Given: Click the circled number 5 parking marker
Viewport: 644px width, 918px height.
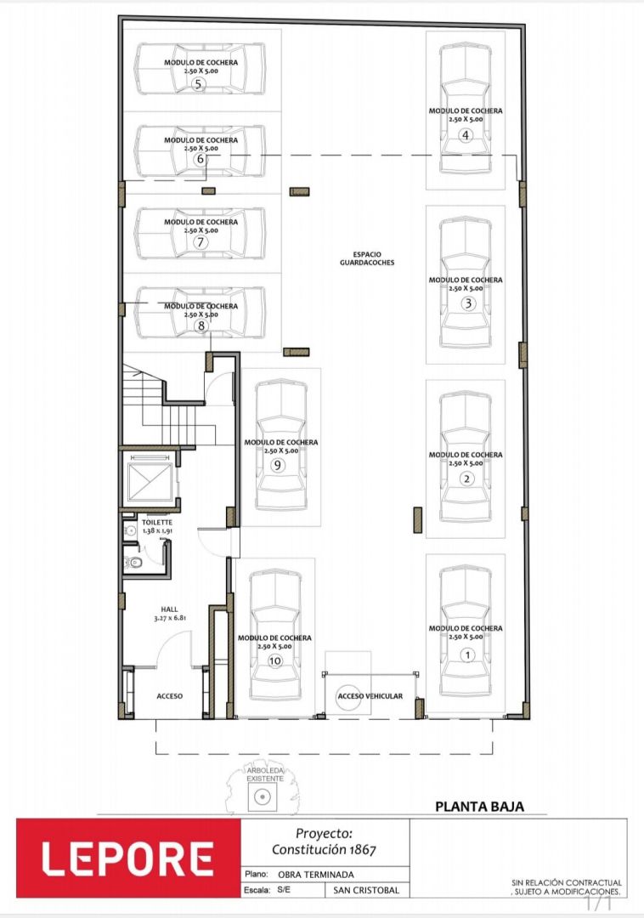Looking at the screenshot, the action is (x=198, y=84).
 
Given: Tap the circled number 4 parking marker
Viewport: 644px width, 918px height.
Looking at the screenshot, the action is (x=466, y=135).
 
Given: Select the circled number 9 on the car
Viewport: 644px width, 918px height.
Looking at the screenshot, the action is (x=277, y=466).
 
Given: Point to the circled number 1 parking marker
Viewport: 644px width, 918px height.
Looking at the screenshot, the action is (x=466, y=655).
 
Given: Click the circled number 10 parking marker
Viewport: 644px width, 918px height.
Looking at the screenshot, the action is (x=275, y=661).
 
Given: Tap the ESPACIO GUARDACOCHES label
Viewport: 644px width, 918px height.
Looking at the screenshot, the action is (x=367, y=258).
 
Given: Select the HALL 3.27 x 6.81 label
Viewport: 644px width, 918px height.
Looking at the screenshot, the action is (x=170, y=614).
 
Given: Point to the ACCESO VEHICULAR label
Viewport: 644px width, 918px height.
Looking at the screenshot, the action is (x=370, y=696).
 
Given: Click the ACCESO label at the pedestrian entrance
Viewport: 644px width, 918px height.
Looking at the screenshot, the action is (x=170, y=696).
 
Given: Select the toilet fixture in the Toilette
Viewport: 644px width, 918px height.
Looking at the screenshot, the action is (x=134, y=564).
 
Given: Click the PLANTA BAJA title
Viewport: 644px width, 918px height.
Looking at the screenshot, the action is (x=480, y=806).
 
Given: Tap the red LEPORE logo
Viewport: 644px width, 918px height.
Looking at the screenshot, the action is (x=128, y=858).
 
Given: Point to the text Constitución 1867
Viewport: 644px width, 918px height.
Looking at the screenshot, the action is (x=324, y=849).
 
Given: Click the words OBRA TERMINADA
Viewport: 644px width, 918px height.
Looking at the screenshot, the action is (x=316, y=875).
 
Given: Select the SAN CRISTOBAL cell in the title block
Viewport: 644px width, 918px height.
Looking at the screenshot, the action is (x=366, y=890).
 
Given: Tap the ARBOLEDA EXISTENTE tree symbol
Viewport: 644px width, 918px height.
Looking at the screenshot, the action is (x=263, y=791).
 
